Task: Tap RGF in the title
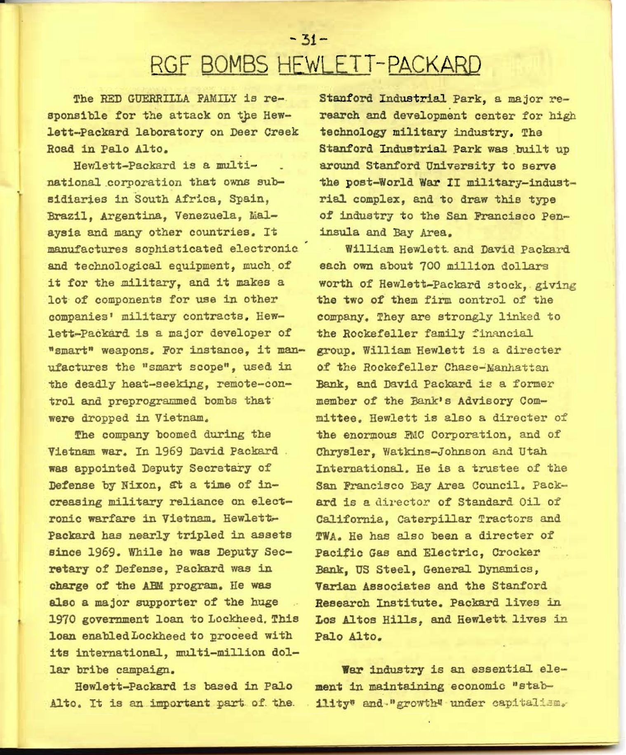(x=172, y=65)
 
